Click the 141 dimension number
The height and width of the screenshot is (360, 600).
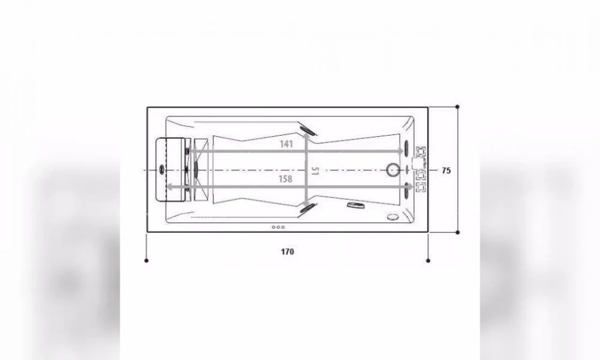pyautogui.click(x=286, y=144)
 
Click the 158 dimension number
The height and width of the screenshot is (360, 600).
pyautogui.click(x=286, y=179)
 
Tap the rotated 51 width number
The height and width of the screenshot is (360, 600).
pyautogui.click(x=314, y=171)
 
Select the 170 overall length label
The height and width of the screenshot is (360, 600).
pyautogui.click(x=287, y=251)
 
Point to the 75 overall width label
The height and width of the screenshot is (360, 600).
pyautogui.click(x=446, y=170)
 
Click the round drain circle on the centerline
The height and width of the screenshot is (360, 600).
pyautogui.click(x=393, y=170)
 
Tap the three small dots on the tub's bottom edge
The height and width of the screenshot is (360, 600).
pyautogui.click(x=278, y=227)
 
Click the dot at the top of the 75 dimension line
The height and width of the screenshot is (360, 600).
pyautogui.click(x=457, y=106)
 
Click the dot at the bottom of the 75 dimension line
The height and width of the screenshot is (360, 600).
pyautogui.click(x=457, y=232)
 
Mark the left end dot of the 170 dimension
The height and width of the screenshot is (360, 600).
pyautogui.click(x=147, y=260)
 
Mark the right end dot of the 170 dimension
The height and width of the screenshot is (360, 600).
pyautogui.click(x=428, y=260)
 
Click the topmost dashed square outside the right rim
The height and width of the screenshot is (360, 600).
pyautogui.click(x=422, y=152)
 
